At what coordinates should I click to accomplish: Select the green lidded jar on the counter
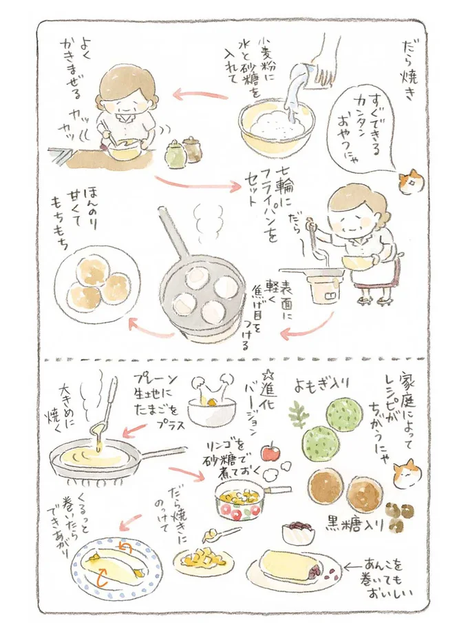point(175,153)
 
